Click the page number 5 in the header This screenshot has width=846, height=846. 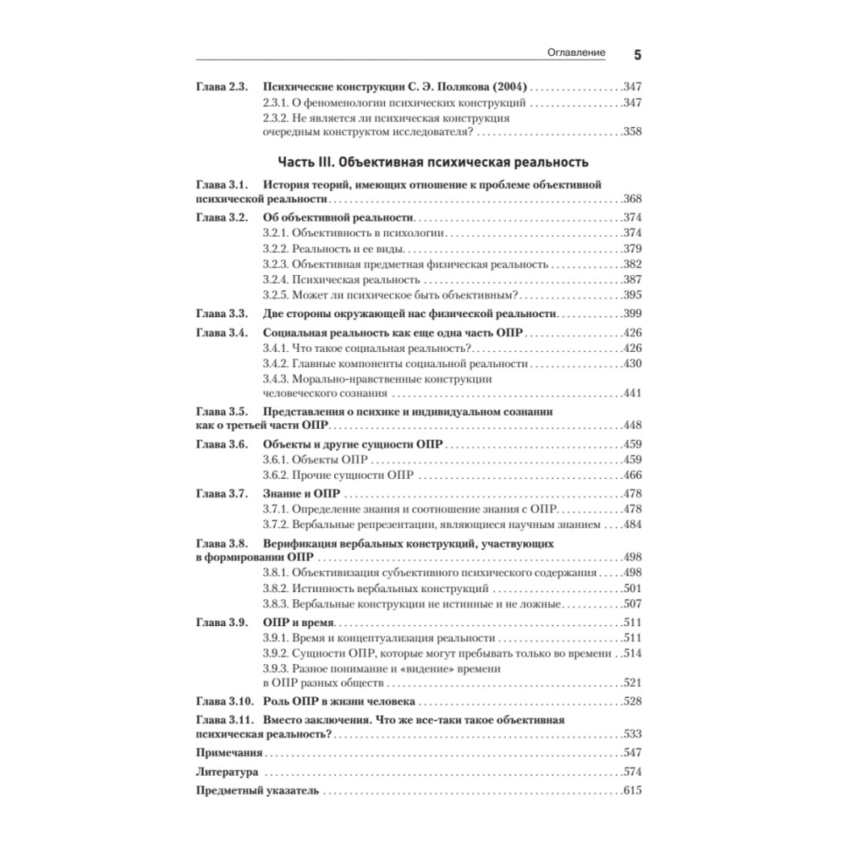click(638, 54)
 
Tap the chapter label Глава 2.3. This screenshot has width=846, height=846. click(221, 86)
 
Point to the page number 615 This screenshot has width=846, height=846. click(632, 790)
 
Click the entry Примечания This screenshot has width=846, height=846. click(228, 752)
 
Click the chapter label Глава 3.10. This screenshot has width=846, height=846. click(223, 701)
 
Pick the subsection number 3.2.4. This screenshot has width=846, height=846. click(276, 279)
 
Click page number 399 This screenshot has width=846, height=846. click(632, 314)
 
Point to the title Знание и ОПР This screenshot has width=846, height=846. click(302, 493)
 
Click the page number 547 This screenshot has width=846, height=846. click(632, 752)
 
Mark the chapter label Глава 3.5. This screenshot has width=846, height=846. click(221, 410)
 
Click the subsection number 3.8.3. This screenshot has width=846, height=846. click(276, 603)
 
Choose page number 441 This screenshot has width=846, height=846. click(632, 393)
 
